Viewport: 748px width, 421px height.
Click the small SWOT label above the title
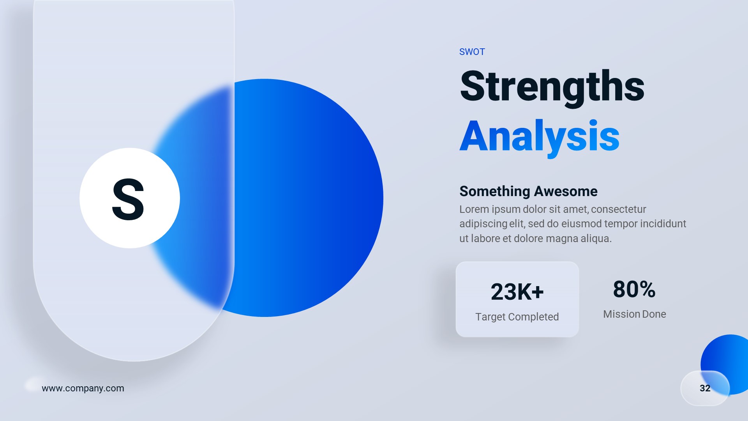point(472,52)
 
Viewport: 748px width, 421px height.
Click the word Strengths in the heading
point(552,87)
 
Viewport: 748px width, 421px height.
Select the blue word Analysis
point(539,136)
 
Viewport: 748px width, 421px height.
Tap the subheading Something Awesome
point(528,191)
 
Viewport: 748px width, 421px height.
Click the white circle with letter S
point(129,198)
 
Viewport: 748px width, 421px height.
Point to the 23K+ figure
point(517,292)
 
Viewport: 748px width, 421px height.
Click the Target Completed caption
point(517,317)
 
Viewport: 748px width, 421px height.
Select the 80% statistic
point(634,289)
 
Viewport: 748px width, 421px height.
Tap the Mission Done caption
point(634,314)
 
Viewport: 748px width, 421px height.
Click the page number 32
point(705,388)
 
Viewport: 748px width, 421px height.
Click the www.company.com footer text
point(83,388)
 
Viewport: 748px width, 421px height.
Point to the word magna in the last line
point(562,239)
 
